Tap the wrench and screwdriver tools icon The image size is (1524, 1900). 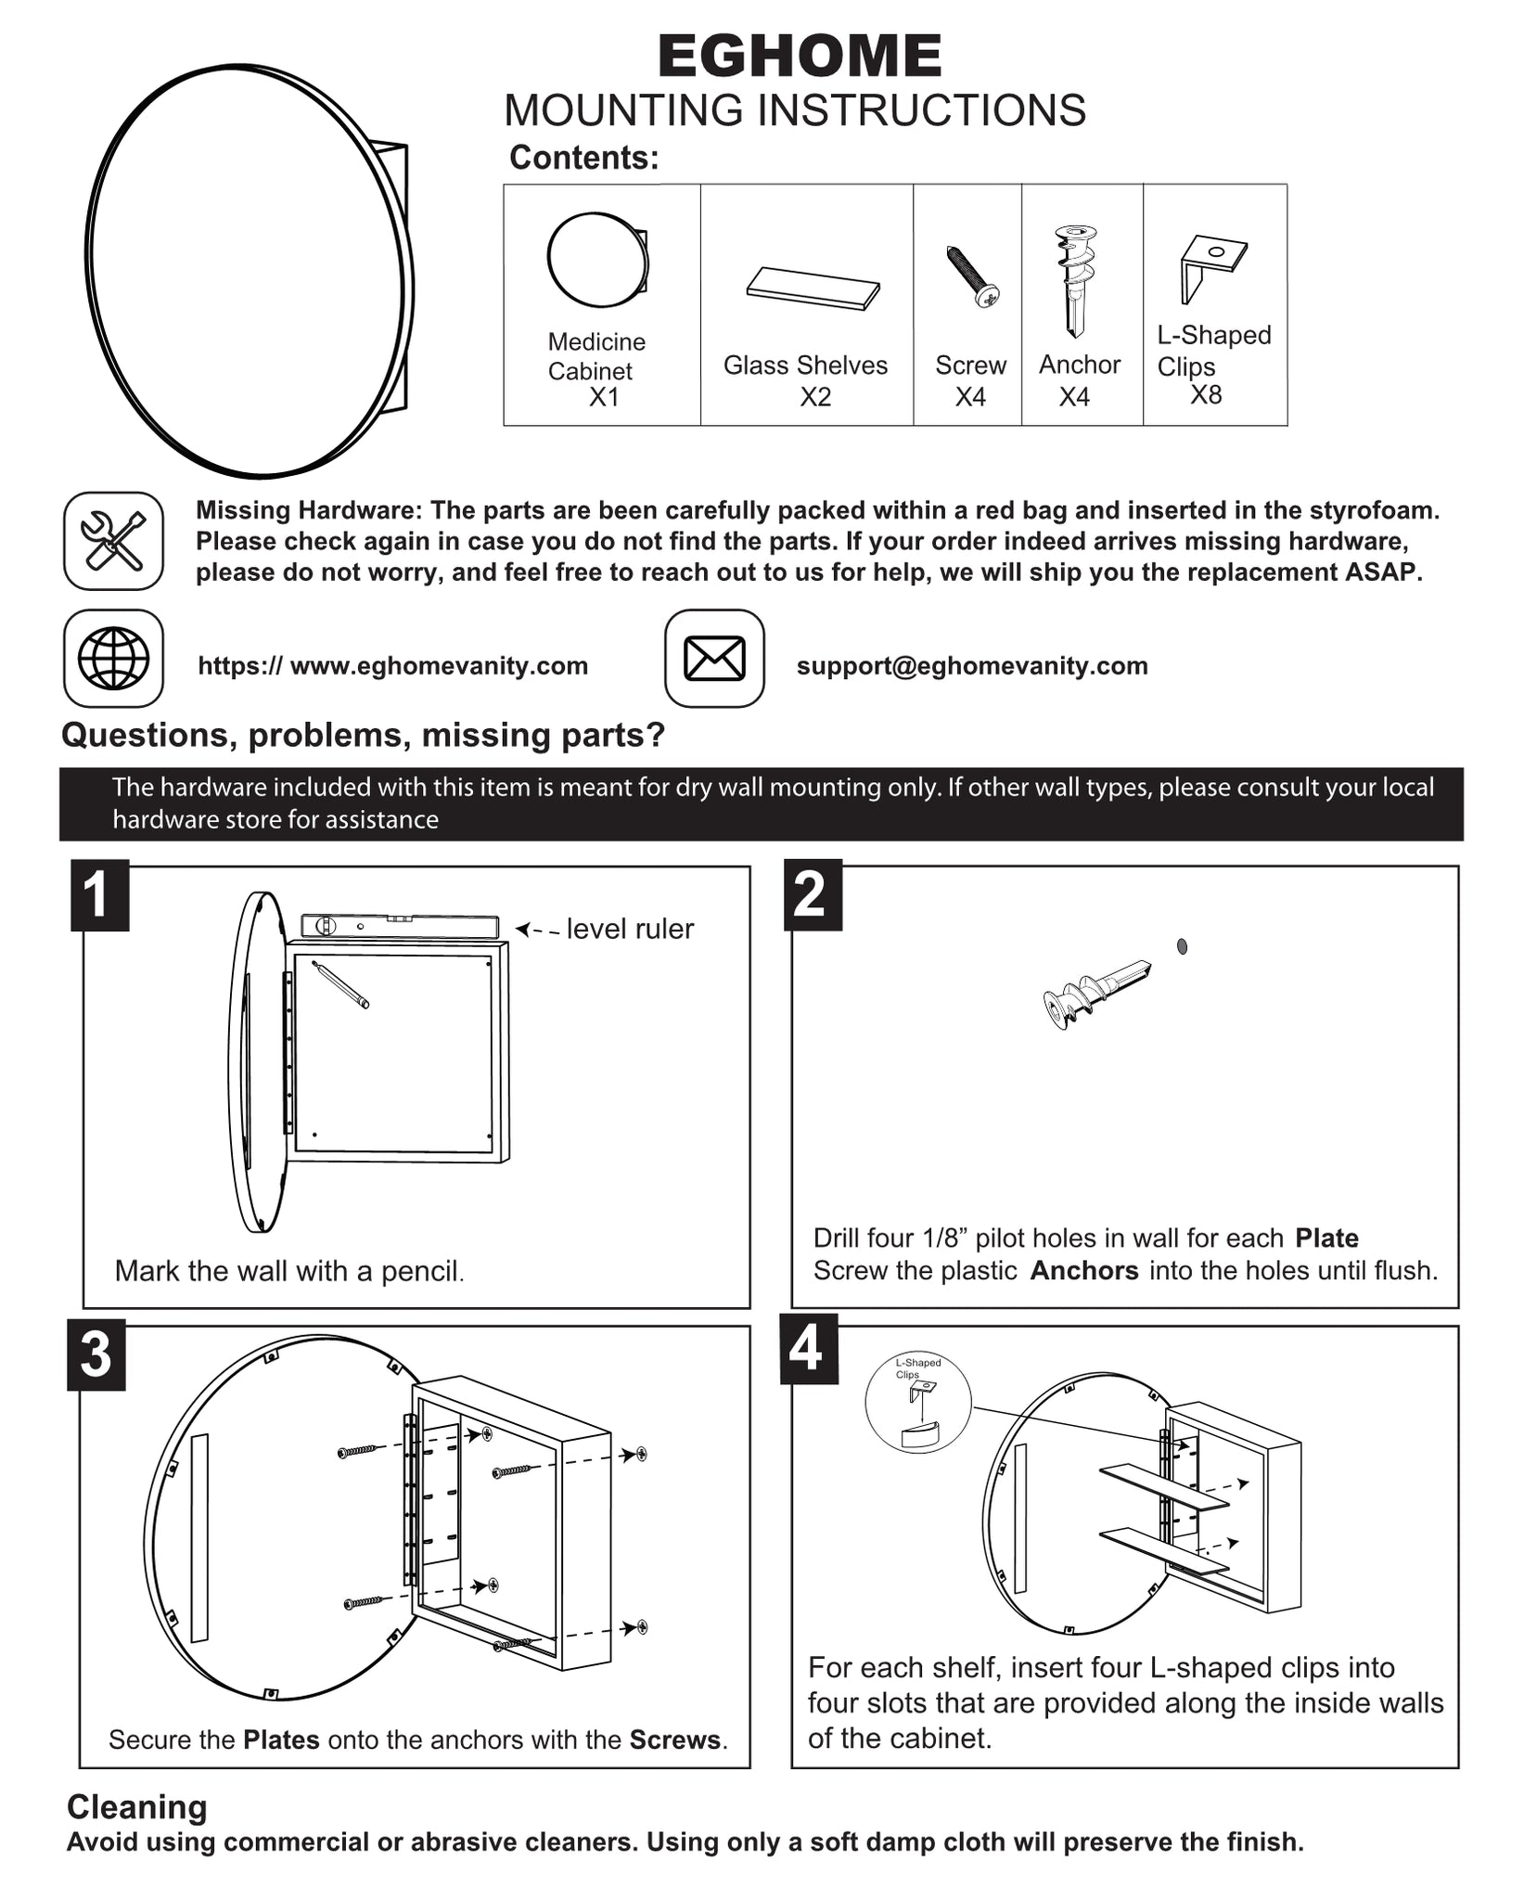click(x=113, y=541)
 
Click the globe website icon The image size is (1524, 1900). click(x=113, y=659)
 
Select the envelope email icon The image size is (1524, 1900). click(x=714, y=659)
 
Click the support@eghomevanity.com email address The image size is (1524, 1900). click(x=972, y=665)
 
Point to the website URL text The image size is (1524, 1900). click(x=393, y=665)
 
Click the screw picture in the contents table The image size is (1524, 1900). click(x=972, y=276)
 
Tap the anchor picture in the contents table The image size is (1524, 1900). click(x=1076, y=278)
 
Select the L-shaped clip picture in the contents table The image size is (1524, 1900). click(x=1211, y=267)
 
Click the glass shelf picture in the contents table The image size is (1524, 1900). click(x=813, y=289)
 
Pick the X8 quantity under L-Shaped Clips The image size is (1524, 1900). click(x=1206, y=395)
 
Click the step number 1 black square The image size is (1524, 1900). click(x=99, y=895)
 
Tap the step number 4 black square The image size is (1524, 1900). click(x=809, y=1349)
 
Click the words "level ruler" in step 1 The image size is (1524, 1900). click(x=630, y=929)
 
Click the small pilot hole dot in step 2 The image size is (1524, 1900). click(x=1182, y=946)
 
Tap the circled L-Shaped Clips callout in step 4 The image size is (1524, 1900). click(x=918, y=1403)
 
